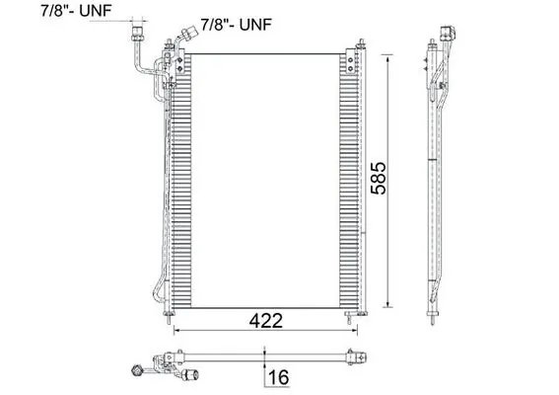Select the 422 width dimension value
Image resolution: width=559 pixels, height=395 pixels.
tap(266, 321)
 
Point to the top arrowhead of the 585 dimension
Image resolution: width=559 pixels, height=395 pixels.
tap(392, 57)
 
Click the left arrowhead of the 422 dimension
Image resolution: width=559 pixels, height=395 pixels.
tap(178, 330)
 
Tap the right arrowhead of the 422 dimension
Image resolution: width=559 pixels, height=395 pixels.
tap(356, 330)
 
